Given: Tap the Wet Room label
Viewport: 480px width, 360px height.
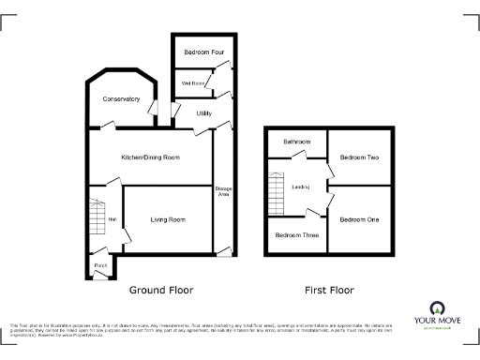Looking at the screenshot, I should click(193, 83).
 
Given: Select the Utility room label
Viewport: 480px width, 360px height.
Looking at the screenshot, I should click(204, 113).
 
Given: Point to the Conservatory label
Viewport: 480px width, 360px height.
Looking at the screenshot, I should click(121, 99).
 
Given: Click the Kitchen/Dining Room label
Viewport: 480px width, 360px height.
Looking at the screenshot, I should click(150, 157).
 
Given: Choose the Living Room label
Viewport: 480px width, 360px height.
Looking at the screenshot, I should click(169, 219).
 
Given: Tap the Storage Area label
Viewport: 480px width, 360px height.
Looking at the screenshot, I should click(223, 191).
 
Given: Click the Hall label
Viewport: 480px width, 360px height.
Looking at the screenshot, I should click(112, 219).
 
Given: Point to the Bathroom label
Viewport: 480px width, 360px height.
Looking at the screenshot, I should click(297, 142).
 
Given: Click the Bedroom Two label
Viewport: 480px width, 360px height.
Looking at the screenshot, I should click(359, 157).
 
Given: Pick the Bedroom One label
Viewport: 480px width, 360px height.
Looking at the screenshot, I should click(359, 219).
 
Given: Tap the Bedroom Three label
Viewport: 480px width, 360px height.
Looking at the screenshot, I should click(296, 234).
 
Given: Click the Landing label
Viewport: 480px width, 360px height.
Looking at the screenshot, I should click(301, 187).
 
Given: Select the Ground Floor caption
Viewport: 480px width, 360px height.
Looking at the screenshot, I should click(160, 290).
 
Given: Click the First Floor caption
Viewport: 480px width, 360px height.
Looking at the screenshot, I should click(329, 290).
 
